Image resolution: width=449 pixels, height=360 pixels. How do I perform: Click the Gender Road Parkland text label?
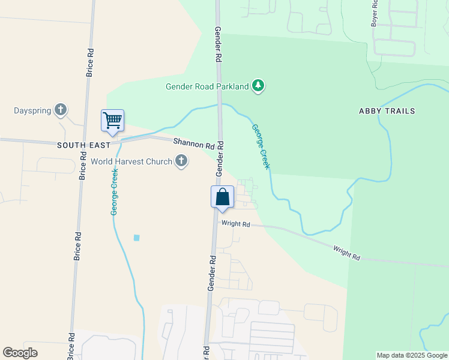tap(207, 86)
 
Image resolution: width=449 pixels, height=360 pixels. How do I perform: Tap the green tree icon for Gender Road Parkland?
tap(258, 86)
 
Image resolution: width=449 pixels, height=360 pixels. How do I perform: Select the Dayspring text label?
tap(32, 110)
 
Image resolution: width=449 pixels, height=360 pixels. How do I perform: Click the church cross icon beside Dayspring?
tap(60, 110)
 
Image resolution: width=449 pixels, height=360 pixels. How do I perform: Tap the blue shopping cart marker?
tap(113, 121)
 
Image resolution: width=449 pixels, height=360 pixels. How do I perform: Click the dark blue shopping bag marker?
tap(222, 197)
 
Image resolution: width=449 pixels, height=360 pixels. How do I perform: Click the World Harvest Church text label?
tap(131, 161)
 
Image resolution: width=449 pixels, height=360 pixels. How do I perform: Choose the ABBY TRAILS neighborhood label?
tap(387, 111)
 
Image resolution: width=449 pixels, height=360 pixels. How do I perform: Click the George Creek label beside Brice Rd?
tap(113, 191)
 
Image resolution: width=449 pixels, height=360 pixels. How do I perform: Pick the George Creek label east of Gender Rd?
tap(261, 146)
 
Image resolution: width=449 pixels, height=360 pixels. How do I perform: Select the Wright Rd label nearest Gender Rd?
tap(235, 224)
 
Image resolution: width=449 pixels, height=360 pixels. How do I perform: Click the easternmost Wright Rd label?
tap(347, 253)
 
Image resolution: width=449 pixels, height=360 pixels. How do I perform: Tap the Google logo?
tap(20, 353)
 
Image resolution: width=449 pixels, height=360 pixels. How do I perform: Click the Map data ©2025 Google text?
tap(412, 355)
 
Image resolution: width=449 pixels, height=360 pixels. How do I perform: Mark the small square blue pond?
tap(136, 238)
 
